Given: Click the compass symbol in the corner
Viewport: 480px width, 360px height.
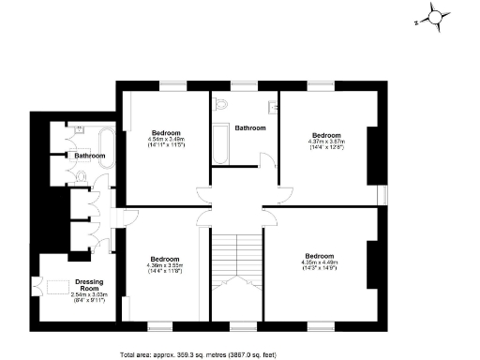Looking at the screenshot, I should (435, 15).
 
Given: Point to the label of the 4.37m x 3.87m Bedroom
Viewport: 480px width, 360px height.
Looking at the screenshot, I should (326, 134).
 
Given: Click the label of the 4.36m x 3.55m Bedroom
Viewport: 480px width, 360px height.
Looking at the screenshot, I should (165, 259).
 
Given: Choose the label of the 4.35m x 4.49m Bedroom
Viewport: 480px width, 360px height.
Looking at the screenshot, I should (319, 255).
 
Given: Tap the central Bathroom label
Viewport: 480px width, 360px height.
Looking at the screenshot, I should (250, 127).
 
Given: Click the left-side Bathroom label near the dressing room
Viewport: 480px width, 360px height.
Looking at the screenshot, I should (90, 155).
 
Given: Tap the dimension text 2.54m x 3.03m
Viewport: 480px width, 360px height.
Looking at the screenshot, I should (90, 295).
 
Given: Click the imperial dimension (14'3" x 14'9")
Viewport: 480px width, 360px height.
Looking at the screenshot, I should (319, 269).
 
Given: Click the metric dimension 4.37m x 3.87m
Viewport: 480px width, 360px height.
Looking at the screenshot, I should (326, 142).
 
